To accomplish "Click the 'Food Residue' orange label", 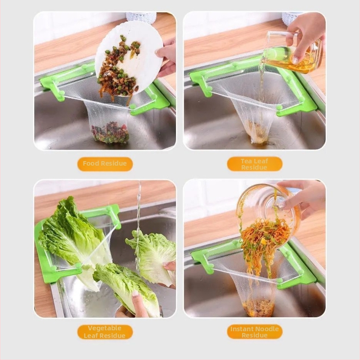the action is [x=105, y=164].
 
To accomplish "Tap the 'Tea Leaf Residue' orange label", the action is [x=254, y=164].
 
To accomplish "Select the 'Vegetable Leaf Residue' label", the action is [x=105, y=332].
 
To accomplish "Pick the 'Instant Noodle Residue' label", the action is [x=254, y=332].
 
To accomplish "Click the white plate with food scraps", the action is [x=129, y=58].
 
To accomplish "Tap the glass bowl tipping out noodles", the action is [x=269, y=213].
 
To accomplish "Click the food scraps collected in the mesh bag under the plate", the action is [x=110, y=133].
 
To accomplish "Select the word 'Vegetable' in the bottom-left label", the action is [x=104, y=328].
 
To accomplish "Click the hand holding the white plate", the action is [x=166, y=58].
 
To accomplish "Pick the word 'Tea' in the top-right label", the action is [x=246, y=161].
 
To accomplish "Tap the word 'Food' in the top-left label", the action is [x=91, y=163].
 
